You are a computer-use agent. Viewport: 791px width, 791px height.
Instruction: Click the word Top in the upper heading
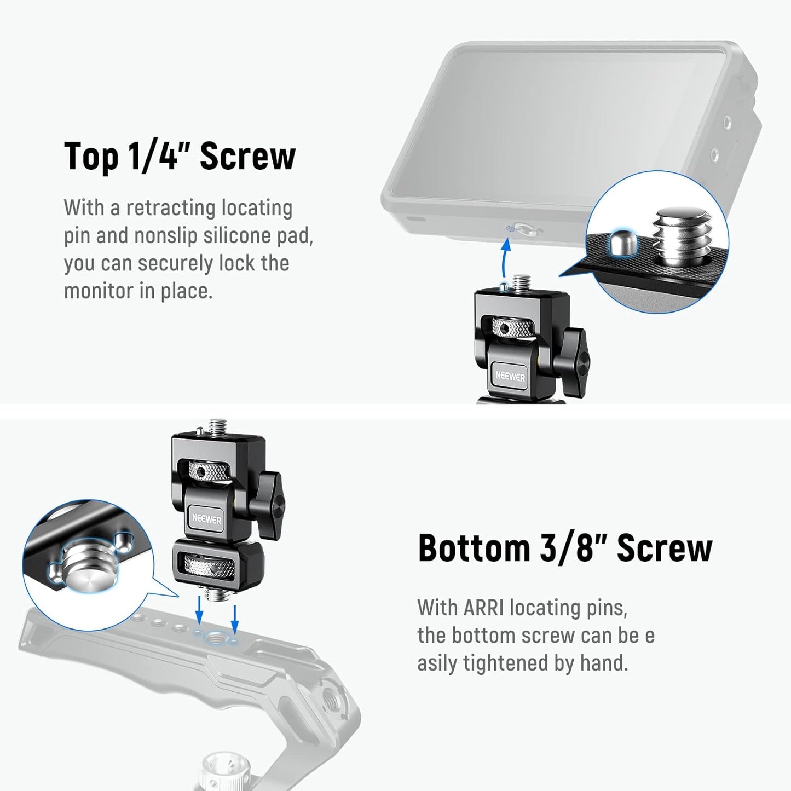pyautogui.click(x=91, y=157)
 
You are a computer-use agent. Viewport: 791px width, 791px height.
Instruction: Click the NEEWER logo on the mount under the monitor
pyautogui.click(x=510, y=377)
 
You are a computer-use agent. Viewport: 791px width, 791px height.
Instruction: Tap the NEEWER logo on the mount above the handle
pyautogui.click(x=206, y=518)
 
